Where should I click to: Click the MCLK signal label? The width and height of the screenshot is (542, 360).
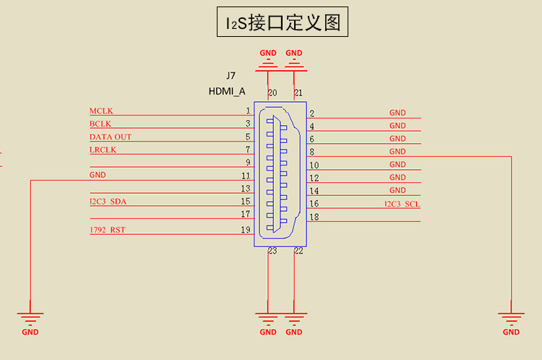[101, 111]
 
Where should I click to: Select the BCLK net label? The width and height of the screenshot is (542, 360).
[100, 124]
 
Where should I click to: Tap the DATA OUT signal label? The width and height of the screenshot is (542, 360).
[111, 137]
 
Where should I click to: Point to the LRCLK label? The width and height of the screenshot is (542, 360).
[103, 150]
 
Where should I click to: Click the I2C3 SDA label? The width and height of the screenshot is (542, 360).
[108, 202]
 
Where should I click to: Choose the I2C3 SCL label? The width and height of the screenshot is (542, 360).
[403, 205]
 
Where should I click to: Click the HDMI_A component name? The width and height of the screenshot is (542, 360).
[227, 91]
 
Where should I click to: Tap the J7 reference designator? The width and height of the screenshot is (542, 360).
[231, 75]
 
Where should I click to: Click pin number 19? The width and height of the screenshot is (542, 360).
[246, 230]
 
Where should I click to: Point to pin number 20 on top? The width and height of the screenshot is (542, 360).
[272, 93]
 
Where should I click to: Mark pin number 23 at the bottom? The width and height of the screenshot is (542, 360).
[272, 252]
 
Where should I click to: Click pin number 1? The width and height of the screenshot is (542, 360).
[248, 111]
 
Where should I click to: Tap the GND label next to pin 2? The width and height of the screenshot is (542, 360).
[397, 113]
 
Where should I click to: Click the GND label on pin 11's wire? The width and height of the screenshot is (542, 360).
[98, 175]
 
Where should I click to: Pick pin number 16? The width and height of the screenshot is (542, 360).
[314, 205]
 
